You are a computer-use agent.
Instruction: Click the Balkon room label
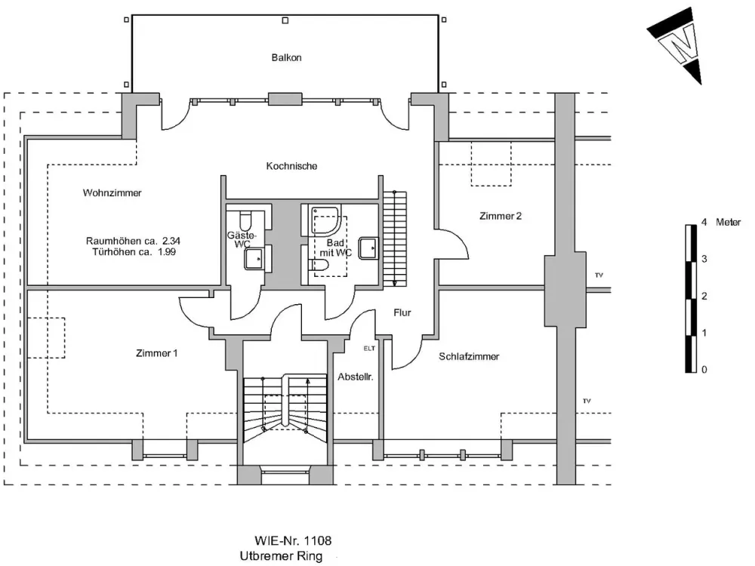[286, 58]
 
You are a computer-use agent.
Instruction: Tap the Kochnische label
[291, 166]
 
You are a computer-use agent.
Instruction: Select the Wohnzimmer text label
[112, 193]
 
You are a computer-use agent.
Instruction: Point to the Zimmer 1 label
[156, 353]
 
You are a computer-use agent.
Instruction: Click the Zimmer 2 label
[501, 216]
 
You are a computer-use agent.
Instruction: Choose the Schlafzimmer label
[469, 357]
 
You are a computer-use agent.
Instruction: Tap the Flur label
[402, 313]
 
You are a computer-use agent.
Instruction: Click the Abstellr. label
[356, 377]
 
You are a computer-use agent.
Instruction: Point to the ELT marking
[369, 349]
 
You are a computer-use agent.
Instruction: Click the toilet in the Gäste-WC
[245, 220]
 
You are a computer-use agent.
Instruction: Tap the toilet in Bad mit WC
[318, 265]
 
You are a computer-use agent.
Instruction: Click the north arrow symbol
[676, 46]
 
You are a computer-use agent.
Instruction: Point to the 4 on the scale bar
[704, 222]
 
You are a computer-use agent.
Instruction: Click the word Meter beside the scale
[728, 222]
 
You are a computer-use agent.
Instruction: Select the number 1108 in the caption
[319, 541]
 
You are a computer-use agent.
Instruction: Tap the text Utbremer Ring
[281, 556]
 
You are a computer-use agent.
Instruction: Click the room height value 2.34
[171, 241]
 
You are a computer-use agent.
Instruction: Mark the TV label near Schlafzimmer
[587, 401]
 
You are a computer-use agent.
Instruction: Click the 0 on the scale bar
[704, 370]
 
